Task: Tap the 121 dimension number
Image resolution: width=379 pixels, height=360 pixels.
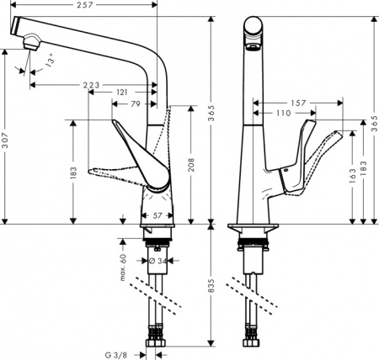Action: point(122,91)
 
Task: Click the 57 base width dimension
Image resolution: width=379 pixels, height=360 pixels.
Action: point(157,216)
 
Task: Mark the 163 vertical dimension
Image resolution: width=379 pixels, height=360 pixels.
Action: point(351,177)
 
